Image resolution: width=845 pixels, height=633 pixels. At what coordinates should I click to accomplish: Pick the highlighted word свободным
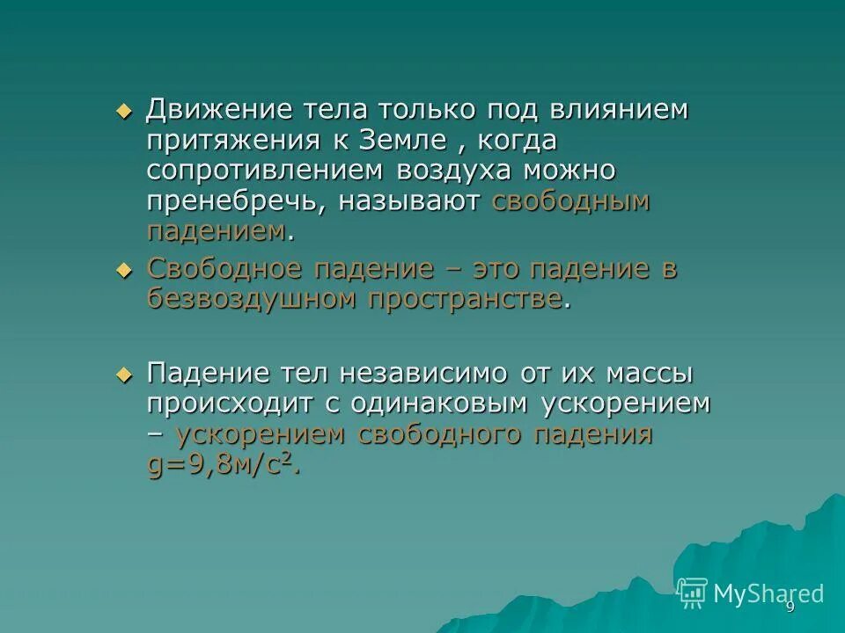tap(570, 201)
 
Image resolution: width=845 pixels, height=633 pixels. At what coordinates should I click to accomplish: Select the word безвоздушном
tap(250, 299)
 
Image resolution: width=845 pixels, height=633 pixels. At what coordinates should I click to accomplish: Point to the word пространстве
tap(464, 299)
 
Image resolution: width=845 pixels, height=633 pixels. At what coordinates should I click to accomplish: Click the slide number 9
tap(790, 608)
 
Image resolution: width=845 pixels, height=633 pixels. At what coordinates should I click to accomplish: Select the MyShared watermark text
tap(768, 593)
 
